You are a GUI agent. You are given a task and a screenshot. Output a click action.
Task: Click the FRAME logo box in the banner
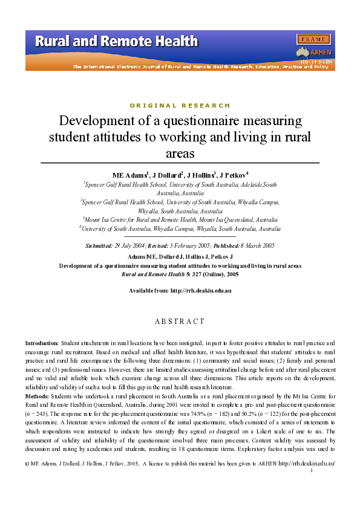click(313, 39)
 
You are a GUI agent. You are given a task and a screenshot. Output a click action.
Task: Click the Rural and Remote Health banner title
click(116, 42)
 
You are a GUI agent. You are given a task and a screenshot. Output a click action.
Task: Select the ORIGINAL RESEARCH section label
click(180, 105)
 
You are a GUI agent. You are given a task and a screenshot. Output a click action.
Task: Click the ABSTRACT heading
click(180, 321)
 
